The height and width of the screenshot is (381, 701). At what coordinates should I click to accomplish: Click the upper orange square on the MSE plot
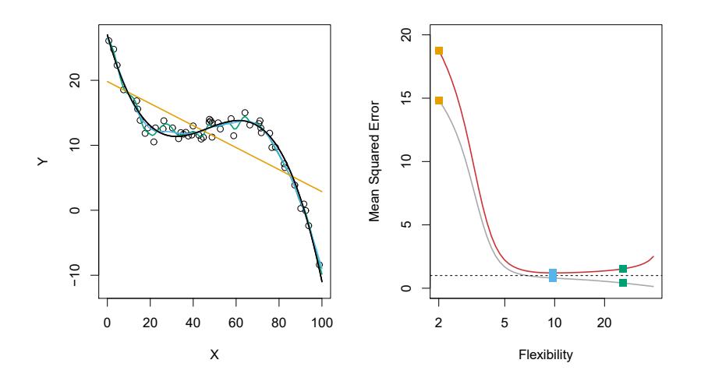click(x=439, y=51)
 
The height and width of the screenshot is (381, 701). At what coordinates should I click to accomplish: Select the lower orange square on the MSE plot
click(x=439, y=101)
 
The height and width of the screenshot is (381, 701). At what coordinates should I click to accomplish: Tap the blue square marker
click(x=553, y=275)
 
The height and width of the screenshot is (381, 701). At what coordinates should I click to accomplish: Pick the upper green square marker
click(x=623, y=269)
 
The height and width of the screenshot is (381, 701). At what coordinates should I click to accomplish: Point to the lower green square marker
click(x=623, y=283)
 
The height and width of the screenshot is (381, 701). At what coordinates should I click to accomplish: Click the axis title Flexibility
click(x=545, y=355)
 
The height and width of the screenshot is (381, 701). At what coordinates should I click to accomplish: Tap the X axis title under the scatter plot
click(x=214, y=355)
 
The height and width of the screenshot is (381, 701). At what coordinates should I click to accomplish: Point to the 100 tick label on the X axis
click(x=321, y=321)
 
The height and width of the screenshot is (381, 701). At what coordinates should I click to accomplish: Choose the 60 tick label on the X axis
click(x=235, y=321)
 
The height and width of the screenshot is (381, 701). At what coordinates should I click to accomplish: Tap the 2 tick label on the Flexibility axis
click(x=439, y=321)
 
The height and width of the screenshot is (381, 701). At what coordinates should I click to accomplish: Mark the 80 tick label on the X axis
click(x=278, y=321)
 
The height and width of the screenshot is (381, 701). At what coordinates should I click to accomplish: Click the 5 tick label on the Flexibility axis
click(x=505, y=321)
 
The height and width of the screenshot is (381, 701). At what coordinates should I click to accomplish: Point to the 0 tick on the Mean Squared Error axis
click(x=407, y=288)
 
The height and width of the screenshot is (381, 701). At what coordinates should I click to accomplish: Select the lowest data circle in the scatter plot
click(x=319, y=265)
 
